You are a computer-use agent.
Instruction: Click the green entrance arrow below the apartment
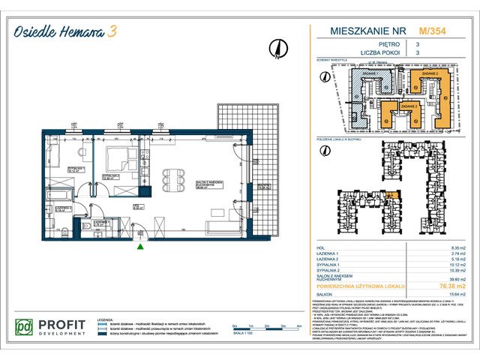tap(139, 245)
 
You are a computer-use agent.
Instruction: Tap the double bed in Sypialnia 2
tap(119, 160)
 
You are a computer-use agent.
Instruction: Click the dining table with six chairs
tap(175, 180)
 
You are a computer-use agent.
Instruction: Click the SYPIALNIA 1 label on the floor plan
tap(75, 168)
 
